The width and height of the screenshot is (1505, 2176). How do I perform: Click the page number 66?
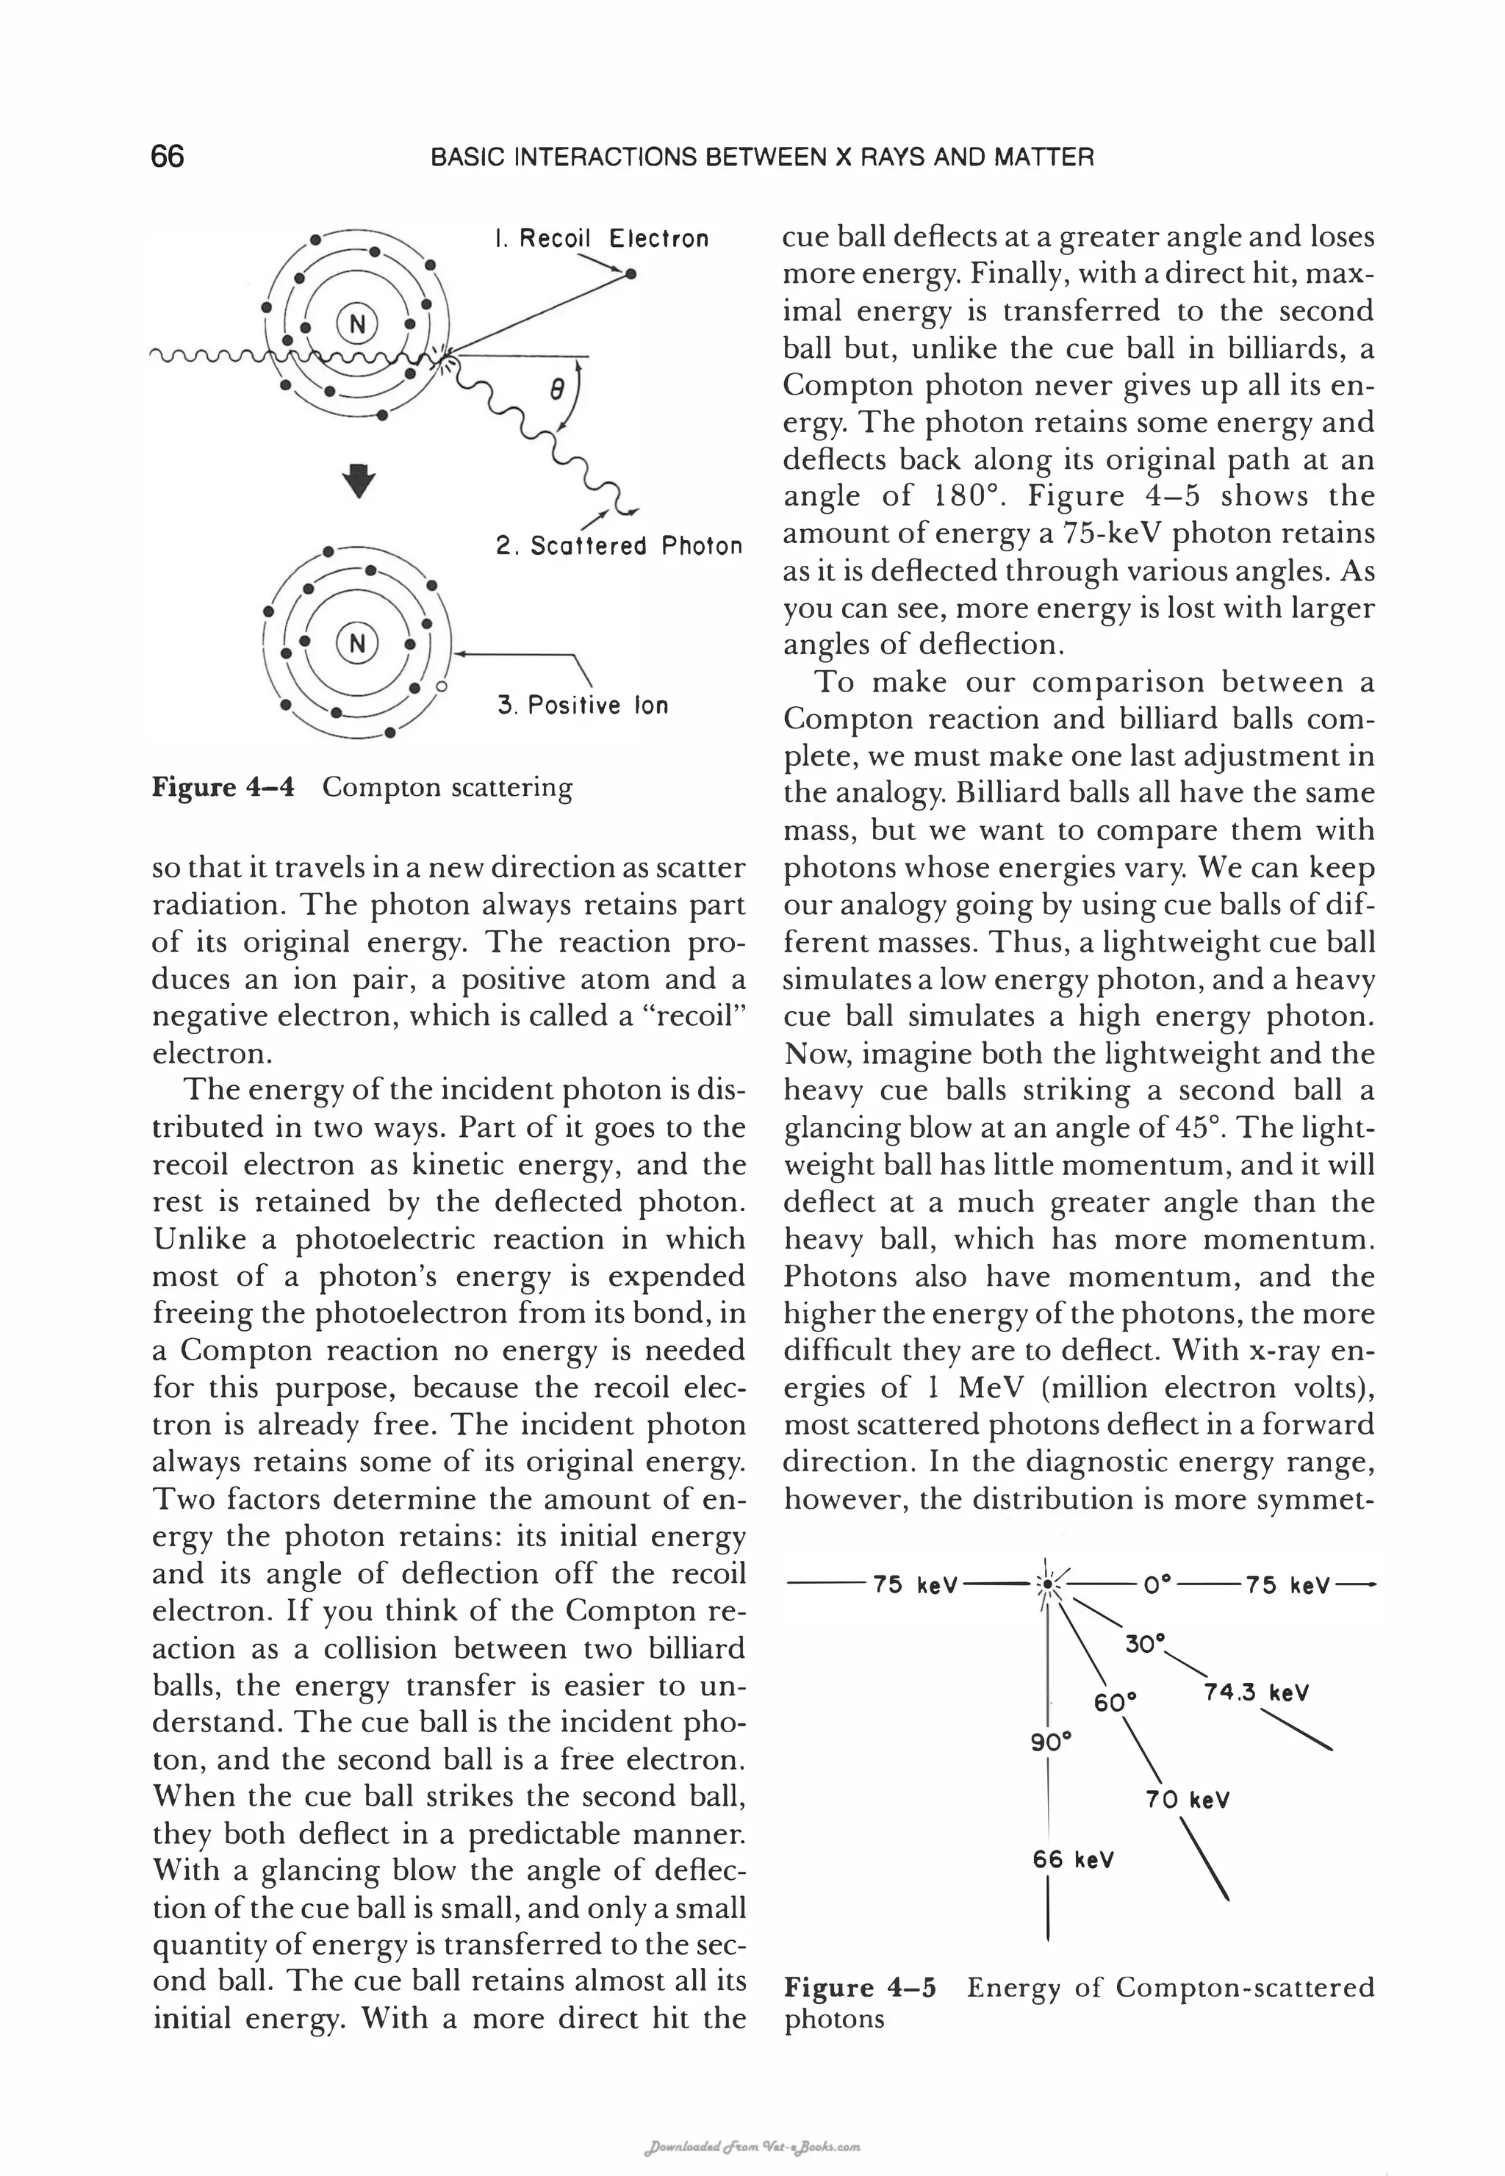(168, 157)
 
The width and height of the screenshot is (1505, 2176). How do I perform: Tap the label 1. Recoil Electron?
(600, 239)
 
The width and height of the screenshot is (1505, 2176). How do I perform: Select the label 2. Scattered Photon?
(619, 546)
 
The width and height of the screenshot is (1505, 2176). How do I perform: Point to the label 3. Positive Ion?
(583, 705)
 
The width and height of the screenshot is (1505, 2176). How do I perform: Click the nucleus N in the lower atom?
(356, 643)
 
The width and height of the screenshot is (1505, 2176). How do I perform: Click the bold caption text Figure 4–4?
(223, 787)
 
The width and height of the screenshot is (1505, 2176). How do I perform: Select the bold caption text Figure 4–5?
(860, 1987)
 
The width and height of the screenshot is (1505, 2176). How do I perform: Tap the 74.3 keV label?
(1256, 1692)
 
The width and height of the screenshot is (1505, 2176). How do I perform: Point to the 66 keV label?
(1073, 1859)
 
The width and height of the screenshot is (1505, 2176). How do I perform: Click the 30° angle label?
(1146, 1643)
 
